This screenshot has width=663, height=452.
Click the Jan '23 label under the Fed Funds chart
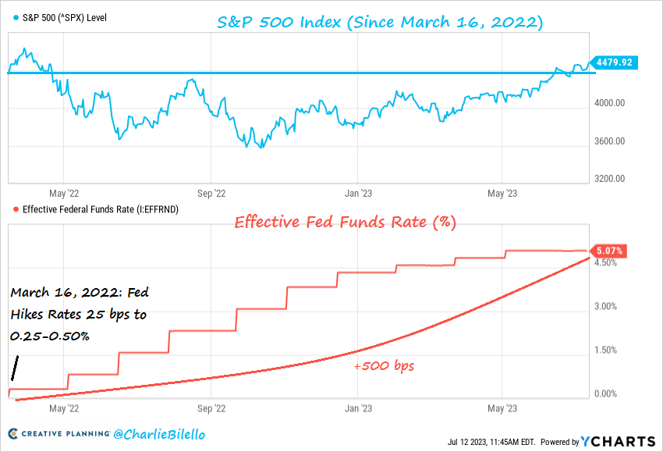pos(357,408)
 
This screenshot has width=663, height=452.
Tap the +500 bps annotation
pos(382,365)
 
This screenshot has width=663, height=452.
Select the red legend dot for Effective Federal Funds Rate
pos(16,209)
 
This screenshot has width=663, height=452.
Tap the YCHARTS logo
pos(616,441)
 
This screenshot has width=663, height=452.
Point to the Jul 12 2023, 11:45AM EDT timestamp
pos(491,442)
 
